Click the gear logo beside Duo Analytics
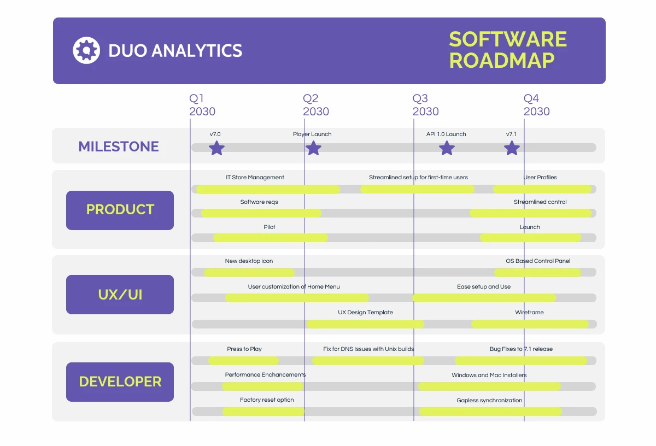pyautogui.click(x=86, y=50)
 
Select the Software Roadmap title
pyautogui.click(x=507, y=50)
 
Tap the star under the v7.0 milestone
pyautogui.click(x=217, y=148)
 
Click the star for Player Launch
pyautogui.click(x=313, y=148)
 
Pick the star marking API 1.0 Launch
pyautogui.click(x=447, y=148)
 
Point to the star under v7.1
pyautogui.click(x=512, y=148)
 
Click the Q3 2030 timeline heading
pyautogui.click(x=425, y=105)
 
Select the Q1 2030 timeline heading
pyautogui.click(x=202, y=105)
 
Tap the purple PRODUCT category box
pyautogui.click(x=120, y=210)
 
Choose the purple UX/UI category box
pyautogui.click(x=120, y=295)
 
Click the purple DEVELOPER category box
pyautogui.click(x=120, y=382)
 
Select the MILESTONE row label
pyautogui.click(x=119, y=146)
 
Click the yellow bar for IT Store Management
pyautogui.click(x=268, y=189)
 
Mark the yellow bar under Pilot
pyautogui.click(x=271, y=238)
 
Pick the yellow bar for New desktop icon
pyautogui.click(x=249, y=272)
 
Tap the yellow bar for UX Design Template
pyautogui.click(x=365, y=324)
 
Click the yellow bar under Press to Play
pyautogui.click(x=244, y=361)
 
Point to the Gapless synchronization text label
pyautogui.click(x=489, y=400)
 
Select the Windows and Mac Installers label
pyautogui.click(x=489, y=375)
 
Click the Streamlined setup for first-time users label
pyautogui.click(x=418, y=177)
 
